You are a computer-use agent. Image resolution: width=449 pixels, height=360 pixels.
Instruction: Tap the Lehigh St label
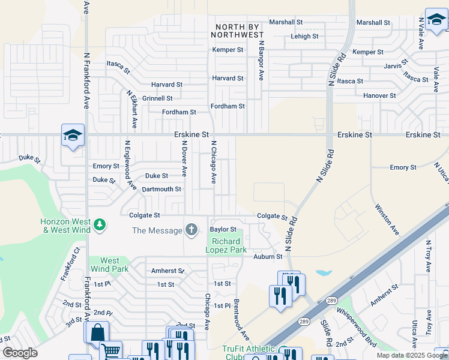pyautogui.click(x=304, y=37)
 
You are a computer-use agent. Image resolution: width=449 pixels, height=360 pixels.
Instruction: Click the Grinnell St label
pyautogui.click(x=157, y=98)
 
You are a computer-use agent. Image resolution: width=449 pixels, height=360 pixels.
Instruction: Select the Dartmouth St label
pyautogui.click(x=161, y=189)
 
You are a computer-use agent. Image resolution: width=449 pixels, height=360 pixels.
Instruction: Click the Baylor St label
pyautogui.click(x=223, y=229)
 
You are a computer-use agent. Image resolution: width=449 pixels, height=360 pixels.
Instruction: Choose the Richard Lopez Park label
pyautogui.click(x=226, y=245)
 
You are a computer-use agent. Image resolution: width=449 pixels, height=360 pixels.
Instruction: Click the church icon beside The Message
pyautogui.click(x=191, y=230)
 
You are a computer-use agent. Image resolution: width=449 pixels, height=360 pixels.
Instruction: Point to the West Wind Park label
pyautogui.click(x=110, y=265)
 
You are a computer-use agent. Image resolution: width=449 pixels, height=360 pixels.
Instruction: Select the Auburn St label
pyautogui.click(x=268, y=257)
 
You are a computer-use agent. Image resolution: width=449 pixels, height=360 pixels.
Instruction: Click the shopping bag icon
pyautogui.click(x=97, y=332)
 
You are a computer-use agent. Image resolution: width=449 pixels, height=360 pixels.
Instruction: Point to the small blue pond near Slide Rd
pyautogui.click(x=323, y=273)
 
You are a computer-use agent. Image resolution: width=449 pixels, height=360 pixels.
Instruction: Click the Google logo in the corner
pyautogui.click(x=20, y=353)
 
